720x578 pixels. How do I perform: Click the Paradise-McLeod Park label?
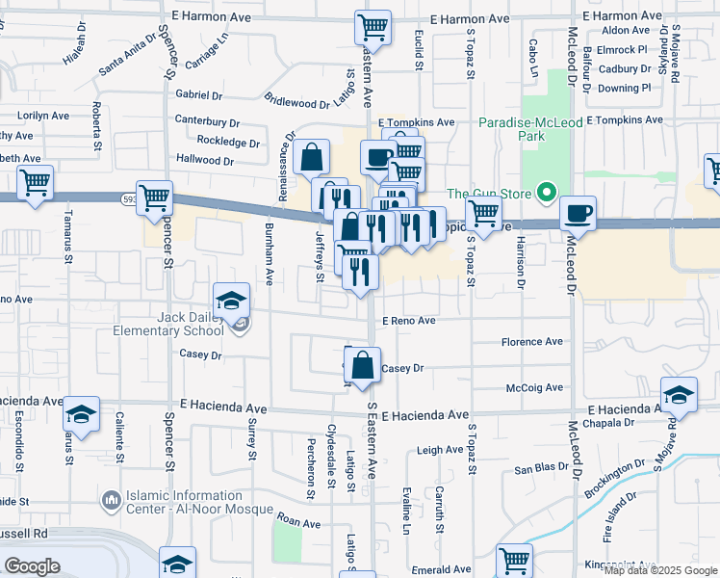[526, 129]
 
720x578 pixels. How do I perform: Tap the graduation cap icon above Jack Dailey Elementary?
[232, 301]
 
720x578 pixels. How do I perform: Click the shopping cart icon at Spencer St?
[154, 197]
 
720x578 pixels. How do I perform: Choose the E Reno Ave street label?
[409, 321]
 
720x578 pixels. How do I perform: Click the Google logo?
[32, 566]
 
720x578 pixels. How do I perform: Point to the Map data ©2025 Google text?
[659, 570]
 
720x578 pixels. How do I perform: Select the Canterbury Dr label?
[207, 122]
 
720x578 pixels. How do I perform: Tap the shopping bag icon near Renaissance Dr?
[313, 157]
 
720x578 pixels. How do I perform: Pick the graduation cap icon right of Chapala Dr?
[679, 395]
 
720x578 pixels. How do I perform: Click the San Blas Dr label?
[534, 470]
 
